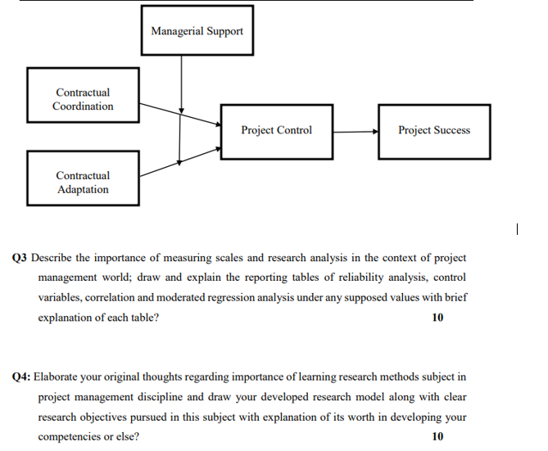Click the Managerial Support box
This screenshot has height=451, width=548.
(197, 30)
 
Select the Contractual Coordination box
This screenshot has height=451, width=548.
(83, 99)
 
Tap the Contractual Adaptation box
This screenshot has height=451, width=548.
(83, 182)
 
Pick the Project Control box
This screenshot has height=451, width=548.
(276, 130)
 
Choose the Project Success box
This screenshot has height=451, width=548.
(433, 130)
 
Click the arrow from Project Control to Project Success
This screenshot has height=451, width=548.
(355, 131)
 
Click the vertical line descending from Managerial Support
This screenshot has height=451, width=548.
(181, 82)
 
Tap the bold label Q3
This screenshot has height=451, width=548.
(21, 258)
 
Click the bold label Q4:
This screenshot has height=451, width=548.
(23, 377)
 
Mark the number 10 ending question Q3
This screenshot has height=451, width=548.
(437, 318)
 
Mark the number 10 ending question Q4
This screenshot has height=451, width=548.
(437, 436)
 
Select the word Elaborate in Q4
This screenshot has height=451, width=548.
(57, 377)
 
